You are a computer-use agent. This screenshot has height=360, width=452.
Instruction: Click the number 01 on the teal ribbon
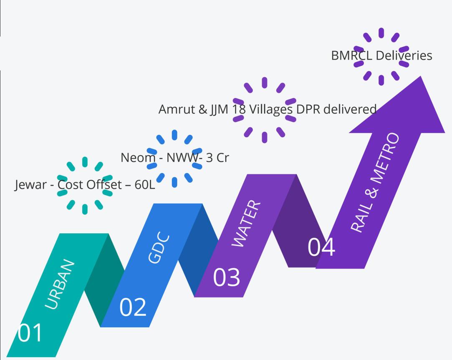coord(30,333)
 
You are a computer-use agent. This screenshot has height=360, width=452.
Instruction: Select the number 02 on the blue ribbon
coord(133,307)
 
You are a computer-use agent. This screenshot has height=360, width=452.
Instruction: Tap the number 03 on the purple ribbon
coord(227,277)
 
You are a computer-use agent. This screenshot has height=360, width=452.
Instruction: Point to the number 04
coord(321,247)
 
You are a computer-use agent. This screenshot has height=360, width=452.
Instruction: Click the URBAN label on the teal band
coord(60,284)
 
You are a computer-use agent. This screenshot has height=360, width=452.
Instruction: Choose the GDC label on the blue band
coord(159,249)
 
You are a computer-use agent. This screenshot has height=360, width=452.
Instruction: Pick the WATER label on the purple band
coord(246,224)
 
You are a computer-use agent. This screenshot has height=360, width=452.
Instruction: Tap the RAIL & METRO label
coord(375,183)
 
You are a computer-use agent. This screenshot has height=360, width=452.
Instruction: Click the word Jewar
coord(30,184)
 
